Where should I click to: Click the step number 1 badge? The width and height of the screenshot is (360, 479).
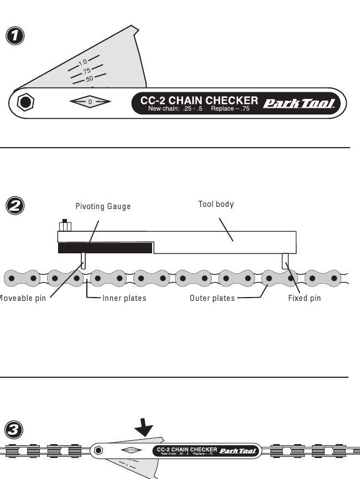click(14, 36)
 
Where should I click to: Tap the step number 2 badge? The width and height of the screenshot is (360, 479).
click(14, 205)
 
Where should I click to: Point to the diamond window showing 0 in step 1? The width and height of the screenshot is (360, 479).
click(90, 102)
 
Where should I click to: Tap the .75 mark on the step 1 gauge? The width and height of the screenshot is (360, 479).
click(86, 71)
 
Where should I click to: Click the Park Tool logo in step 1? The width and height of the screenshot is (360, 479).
click(299, 103)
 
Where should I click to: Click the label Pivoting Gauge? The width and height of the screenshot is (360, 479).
click(103, 206)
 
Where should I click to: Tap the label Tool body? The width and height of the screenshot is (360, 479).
click(216, 204)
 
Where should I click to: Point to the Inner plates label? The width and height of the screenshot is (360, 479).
click(124, 298)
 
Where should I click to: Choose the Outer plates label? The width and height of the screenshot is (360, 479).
click(212, 298)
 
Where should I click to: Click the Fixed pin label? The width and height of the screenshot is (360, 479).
click(304, 298)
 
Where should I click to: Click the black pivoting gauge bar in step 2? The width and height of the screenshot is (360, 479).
click(105, 248)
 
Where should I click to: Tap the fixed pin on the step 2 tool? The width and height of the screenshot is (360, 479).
click(285, 261)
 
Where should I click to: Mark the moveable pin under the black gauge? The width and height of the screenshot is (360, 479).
click(84, 261)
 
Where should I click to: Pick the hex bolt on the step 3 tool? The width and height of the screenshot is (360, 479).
click(98, 450)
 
